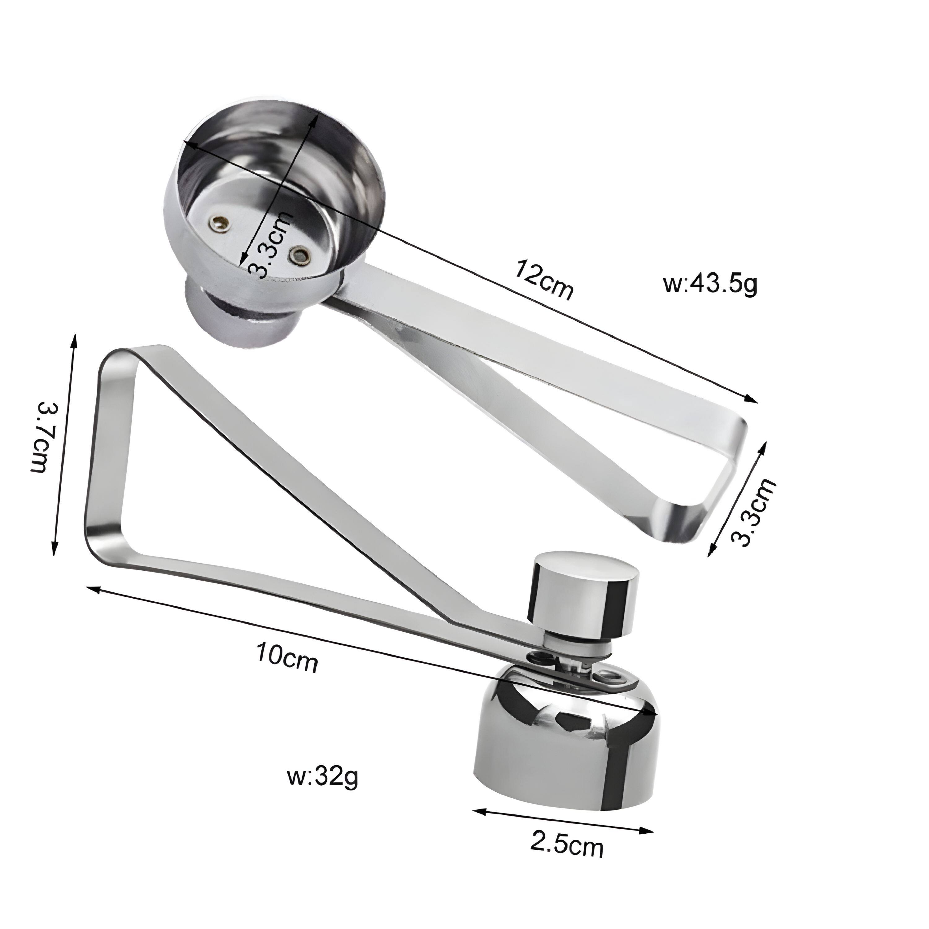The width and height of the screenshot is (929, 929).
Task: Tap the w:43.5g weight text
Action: [710, 285]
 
